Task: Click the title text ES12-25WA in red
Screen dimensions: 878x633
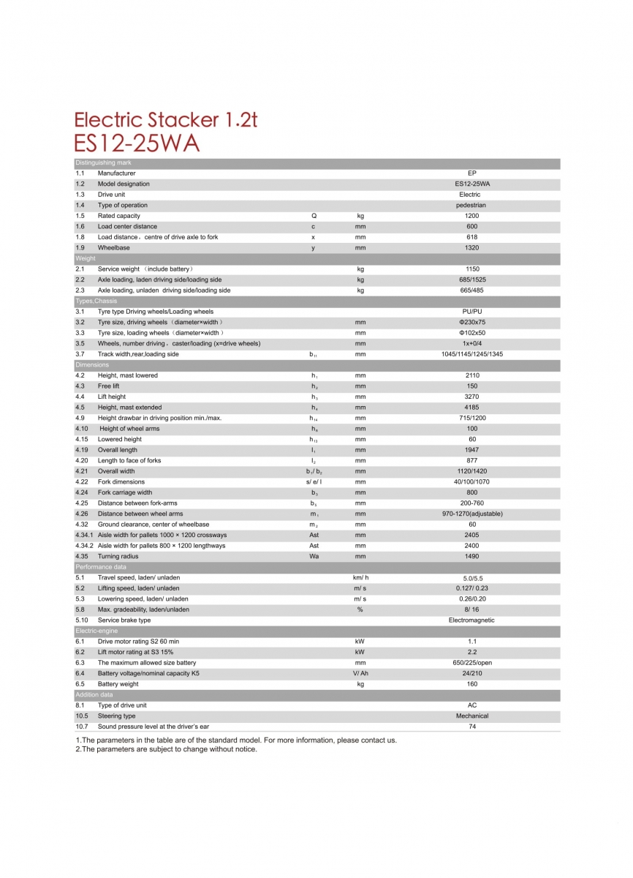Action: pyautogui.click(x=137, y=143)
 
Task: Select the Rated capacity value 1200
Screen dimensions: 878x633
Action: pyautogui.click(x=471, y=216)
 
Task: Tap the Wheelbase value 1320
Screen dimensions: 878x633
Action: pyautogui.click(x=471, y=248)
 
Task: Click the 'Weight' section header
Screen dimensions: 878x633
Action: pyautogui.click(x=86, y=258)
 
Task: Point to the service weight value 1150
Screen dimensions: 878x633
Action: pyautogui.click(x=471, y=269)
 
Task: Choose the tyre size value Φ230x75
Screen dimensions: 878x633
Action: pyautogui.click(x=471, y=322)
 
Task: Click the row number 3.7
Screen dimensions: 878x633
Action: pyautogui.click(x=80, y=354)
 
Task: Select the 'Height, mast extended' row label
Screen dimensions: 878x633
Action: pyautogui.click(x=129, y=408)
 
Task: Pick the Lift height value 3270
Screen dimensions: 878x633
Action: pyautogui.click(x=471, y=397)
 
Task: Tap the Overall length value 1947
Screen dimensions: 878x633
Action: pyautogui.click(x=471, y=450)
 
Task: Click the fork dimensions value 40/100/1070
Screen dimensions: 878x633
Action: pyautogui.click(x=471, y=482)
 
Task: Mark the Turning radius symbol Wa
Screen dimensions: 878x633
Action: pyautogui.click(x=314, y=556)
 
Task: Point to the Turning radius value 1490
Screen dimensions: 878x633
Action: pyautogui.click(x=471, y=556)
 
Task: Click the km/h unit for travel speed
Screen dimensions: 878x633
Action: pyautogui.click(x=360, y=577)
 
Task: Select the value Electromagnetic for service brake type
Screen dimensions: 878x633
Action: pyautogui.click(x=471, y=620)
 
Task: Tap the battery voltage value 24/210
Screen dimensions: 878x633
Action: pyautogui.click(x=471, y=673)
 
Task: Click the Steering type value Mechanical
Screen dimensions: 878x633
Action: pyautogui.click(x=471, y=716)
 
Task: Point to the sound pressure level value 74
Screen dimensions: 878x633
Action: pyautogui.click(x=471, y=727)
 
